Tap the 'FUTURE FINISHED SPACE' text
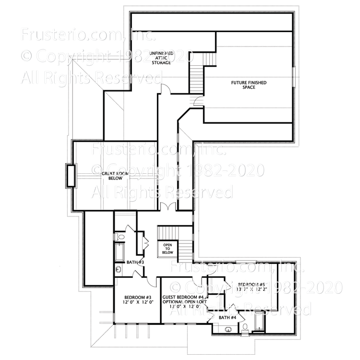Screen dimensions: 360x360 pos(248,85)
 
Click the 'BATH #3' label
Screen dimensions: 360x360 pos(135,262)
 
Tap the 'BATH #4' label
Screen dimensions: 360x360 pos(228,317)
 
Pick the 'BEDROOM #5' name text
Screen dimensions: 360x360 pos(251,283)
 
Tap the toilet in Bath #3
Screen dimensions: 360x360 pos(120,237)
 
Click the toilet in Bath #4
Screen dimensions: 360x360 pos(244,327)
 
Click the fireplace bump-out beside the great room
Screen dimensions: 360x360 pos(71,175)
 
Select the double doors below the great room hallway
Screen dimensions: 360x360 pos(168,207)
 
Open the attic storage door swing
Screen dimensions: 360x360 pos(164,88)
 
